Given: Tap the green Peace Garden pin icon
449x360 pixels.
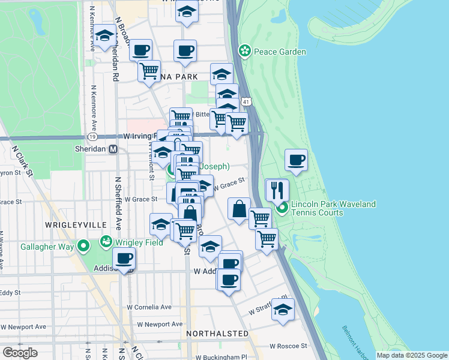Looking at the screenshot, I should click(x=244, y=51).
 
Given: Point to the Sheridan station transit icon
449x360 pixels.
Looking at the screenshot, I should click(x=112, y=149).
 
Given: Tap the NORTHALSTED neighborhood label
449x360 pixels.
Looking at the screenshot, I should click(x=217, y=333).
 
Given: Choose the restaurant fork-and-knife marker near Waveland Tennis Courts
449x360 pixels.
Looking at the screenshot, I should click(x=277, y=190).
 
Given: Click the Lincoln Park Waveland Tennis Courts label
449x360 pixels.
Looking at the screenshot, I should click(x=334, y=208).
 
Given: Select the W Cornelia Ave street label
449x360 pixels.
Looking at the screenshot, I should click(x=149, y=307).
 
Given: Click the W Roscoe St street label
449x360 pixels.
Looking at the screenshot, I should click(x=288, y=346).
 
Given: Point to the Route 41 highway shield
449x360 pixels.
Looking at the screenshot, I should click(x=247, y=102).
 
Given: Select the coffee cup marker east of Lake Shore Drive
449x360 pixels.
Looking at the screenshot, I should click(x=296, y=160).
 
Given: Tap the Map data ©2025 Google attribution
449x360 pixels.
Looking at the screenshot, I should click(x=412, y=355).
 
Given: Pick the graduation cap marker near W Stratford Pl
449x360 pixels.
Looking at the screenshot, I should click(x=283, y=310).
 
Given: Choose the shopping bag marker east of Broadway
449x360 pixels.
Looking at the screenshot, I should click(x=239, y=209).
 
